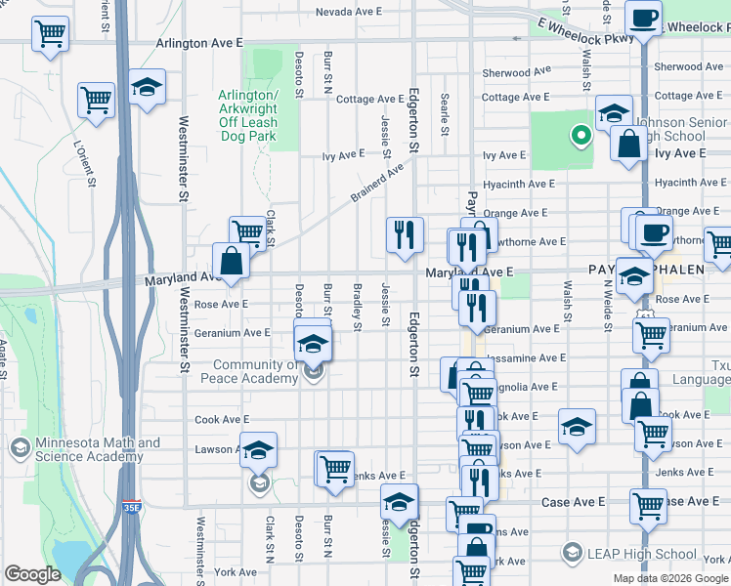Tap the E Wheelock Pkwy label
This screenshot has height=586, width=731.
tap(583, 33)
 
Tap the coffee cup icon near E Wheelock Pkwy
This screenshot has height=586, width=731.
tap(643, 19)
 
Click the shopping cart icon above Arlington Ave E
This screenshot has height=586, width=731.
tap(49, 33)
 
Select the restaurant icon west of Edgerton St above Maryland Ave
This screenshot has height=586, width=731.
tap(405, 234)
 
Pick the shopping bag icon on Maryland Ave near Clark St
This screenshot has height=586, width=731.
tap(232, 261)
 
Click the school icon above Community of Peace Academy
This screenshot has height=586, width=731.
tap(314, 343)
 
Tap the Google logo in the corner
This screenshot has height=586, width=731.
tap(33, 574)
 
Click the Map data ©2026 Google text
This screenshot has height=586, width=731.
tap(669, 578)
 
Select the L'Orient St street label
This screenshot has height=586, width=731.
tap(85, 162)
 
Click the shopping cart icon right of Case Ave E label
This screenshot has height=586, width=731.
tap(648, 506)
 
